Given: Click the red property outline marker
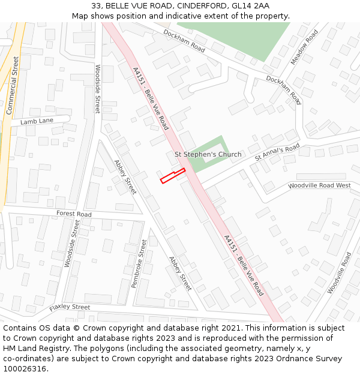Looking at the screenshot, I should point(172,176).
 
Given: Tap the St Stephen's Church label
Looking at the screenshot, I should point(208,154).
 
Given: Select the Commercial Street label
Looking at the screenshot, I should point(13,85).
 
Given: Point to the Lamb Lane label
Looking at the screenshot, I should point(37,121).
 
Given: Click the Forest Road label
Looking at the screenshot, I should point(74,214).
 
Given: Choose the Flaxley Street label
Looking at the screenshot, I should point(70,307).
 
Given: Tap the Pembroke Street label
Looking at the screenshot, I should point(139,263).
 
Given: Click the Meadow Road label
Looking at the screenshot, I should point(304,47).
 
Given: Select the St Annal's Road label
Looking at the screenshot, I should point(277,152).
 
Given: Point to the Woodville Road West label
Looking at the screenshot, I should point(319,185).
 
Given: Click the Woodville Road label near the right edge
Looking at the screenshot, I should point(339,272).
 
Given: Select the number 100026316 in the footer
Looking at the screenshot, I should point(25,368).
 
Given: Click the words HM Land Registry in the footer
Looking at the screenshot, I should point(35,348).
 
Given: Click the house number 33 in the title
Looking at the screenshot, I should point(97,5).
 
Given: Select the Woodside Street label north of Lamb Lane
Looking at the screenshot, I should point(97,89).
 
